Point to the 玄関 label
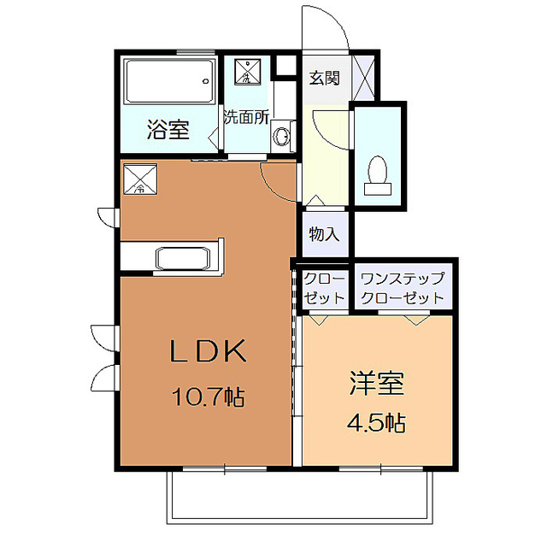(324, 79)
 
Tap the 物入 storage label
(324, 232)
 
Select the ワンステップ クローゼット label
(403, 289)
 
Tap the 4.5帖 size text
(376, 422)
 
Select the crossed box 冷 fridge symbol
(139, 179)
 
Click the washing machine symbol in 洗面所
(247, 73)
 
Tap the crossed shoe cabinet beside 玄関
(366, 78)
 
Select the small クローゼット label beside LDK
(324, 289)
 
